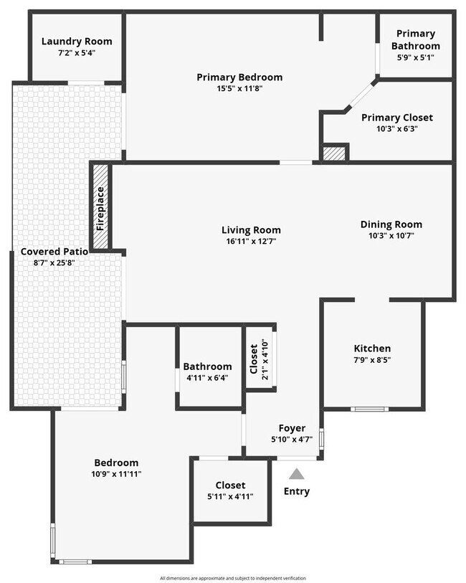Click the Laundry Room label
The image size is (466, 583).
click(76, 42)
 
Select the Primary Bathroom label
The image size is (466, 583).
click(416, 39)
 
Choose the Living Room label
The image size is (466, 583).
click(250, 230)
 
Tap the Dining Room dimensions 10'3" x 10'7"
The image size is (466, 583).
click(391, 235)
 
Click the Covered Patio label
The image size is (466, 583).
click(54, 252)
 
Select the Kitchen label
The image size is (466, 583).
click(372, 348)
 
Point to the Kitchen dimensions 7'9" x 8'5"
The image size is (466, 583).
click(372, 360)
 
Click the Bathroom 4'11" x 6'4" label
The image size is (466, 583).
click(207, 366)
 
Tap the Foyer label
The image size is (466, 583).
click(292, 428)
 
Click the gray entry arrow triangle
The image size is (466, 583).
click(296, 474)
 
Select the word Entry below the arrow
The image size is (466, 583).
click(296, 491)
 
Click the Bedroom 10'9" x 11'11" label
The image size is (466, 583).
click(116, 463)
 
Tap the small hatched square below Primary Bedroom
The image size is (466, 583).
click(334, 153)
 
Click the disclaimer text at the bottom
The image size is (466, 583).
click(233, 578)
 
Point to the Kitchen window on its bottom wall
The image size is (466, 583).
click(371, 409)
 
